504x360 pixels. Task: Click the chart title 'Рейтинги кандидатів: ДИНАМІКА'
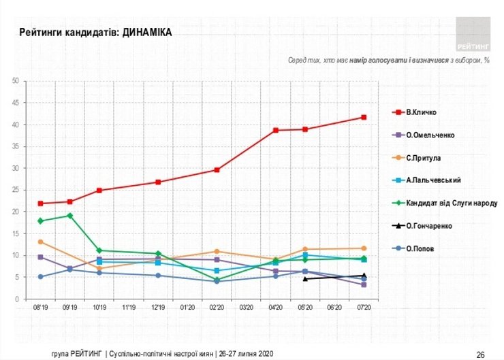95,32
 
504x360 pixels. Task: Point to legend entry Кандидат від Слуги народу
447,203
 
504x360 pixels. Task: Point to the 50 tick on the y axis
14,81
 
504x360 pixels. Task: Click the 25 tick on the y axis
14,190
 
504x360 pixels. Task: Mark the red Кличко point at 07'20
364,118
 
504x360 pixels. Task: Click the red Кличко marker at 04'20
276,130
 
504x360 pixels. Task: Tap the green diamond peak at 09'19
70,216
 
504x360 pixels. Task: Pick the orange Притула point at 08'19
41,242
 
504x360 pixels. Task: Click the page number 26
480,354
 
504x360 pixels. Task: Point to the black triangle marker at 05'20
305,278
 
